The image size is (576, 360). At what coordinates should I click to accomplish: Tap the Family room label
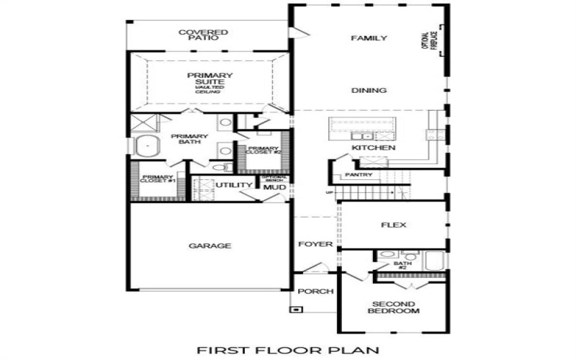369,38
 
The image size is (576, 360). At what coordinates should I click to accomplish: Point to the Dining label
369,91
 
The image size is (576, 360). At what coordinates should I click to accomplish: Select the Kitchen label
374,148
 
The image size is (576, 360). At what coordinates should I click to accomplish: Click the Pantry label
358,175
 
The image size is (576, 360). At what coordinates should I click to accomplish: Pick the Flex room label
394,225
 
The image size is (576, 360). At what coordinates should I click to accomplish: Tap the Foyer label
315,244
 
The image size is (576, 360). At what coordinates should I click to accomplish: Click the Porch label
315,292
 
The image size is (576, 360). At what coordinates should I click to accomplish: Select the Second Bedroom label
394,307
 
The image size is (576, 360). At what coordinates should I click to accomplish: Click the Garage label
210,246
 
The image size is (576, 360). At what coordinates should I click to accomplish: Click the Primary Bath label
189,138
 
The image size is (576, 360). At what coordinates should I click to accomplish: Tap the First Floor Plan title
287,351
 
